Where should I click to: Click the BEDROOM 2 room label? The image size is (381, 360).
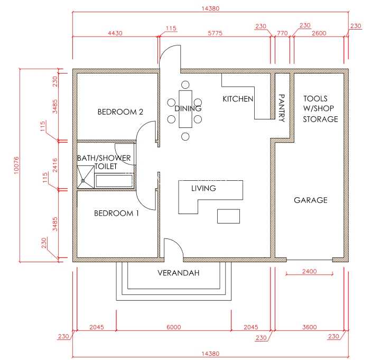point(120,112)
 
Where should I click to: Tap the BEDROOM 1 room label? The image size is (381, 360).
point(116,213)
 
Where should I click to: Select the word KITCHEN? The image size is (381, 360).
point(238,99)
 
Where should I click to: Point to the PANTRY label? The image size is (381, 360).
point(282,108)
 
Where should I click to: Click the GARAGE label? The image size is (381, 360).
point(311,200)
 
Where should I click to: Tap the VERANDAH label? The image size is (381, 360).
point(179,273)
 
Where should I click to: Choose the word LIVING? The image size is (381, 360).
point(203,188)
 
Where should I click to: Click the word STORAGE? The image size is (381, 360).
point(321,119)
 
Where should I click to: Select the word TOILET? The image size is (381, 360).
point(106,167)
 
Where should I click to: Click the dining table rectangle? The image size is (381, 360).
point(185,109)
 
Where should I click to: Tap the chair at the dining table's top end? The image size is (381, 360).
point(185,85)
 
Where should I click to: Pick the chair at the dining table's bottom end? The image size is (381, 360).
point(185,136)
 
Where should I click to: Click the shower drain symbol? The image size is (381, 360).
point(83,181)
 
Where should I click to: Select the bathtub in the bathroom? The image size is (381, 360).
point(114,181)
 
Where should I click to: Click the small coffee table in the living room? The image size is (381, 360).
point(228,216)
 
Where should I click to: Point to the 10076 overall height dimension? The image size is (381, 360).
point(16,165)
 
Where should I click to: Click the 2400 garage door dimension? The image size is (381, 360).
point(309,271)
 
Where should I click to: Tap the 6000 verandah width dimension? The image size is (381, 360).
point(174,327)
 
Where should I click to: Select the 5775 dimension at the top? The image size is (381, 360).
point(215,33)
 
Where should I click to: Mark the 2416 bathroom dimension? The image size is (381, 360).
point(55,165)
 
